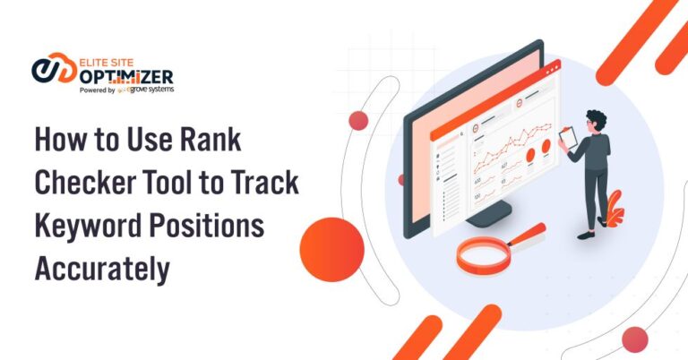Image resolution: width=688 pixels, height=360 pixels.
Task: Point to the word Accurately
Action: pyautogui.click(x=101, y=267)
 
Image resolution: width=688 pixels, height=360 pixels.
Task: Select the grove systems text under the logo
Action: pyautogui.click(x=152, y=90)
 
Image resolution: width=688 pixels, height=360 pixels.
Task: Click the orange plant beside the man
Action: pyautogui.click(x=615, y=212)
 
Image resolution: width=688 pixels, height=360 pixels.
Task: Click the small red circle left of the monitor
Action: pyautogui.click(x=358, y=121)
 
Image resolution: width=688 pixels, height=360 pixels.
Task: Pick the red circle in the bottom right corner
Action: pyautogui.click(x=634, y=339)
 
